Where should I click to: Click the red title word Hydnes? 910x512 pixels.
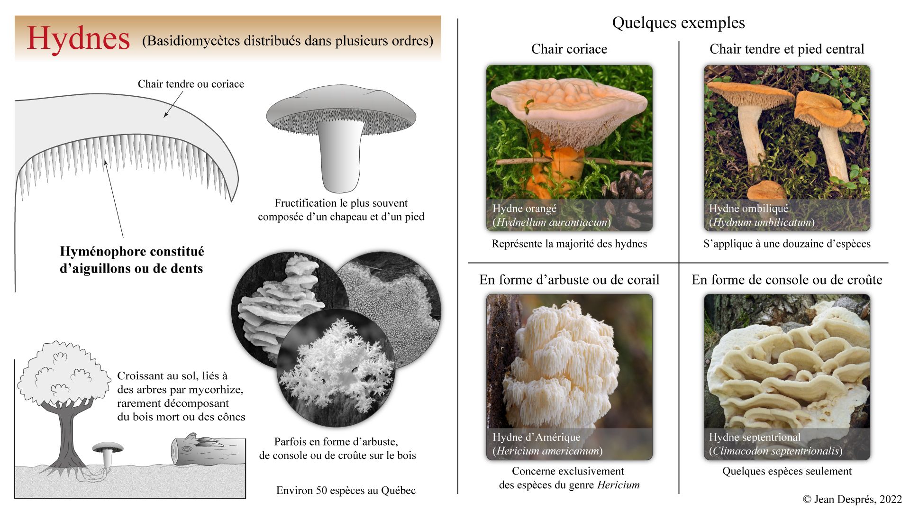78,39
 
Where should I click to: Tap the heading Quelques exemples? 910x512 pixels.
678,23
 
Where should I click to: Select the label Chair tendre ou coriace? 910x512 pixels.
191,84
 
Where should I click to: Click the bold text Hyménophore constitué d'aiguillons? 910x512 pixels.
132,260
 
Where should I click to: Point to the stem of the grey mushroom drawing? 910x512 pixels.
341,156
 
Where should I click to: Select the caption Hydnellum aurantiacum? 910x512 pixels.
551,222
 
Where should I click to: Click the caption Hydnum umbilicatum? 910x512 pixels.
762,222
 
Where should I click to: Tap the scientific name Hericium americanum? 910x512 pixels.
547,451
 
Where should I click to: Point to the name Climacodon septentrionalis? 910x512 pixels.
775,451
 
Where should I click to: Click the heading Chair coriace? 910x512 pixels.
569,49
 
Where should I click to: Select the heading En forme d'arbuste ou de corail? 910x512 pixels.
569,280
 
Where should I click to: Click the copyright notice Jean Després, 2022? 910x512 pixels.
852,499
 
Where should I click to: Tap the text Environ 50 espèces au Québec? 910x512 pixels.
346,490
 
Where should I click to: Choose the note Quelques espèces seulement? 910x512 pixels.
787,471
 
